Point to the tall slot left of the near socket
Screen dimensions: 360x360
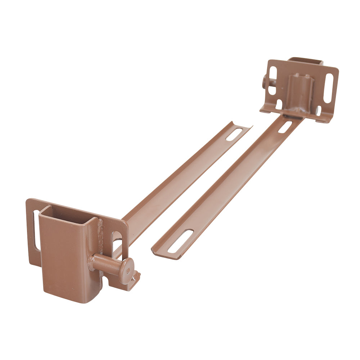pyautogui.click(x=36, y=230)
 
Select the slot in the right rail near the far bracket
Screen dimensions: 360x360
pyautogui.click(x=285, y=127)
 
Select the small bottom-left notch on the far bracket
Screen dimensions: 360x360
pyautogui.click(x=279, y=105)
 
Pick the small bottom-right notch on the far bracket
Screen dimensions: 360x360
pyautogui.click(x=318, y=110)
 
